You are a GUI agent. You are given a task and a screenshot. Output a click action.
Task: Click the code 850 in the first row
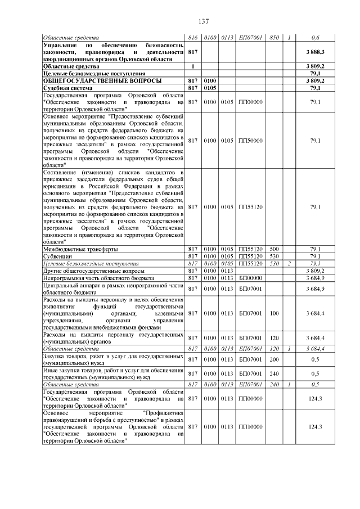(x=274, y=38)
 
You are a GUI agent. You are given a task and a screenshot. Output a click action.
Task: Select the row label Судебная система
(x=67, y=88)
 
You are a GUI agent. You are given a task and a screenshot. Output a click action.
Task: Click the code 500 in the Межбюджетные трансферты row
(x=274, y=249)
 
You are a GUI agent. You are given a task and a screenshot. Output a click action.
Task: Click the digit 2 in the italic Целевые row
(x=288, y=263)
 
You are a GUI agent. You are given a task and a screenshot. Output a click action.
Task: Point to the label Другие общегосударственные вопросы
(x=92, y=270)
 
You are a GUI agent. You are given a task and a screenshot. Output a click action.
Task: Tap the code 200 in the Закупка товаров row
(x=274, y=359)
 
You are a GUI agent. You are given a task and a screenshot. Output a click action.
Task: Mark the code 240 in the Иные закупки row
(x=274, y=373)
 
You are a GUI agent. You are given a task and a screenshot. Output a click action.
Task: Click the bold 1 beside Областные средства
(x=193, y=66)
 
